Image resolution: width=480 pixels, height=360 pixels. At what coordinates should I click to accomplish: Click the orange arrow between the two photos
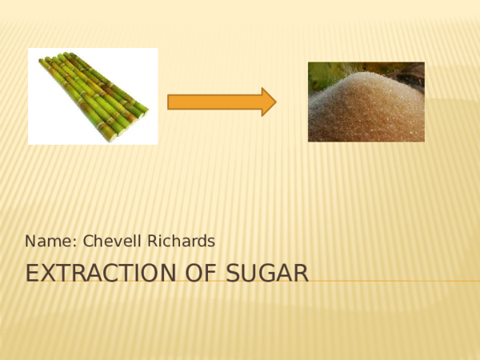point(220,102)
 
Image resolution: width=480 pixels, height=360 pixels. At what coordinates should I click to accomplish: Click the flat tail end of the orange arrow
point(170,102)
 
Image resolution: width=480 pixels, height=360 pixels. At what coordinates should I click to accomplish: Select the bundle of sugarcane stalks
point(92,95)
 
